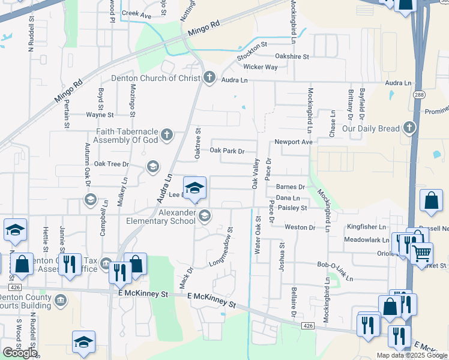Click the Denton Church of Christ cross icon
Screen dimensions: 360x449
point(209,78)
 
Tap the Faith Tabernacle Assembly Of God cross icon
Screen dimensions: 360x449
point(167,134)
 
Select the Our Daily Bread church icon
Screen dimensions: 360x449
point(409,128)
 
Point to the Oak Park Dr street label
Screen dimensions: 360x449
point(227,151)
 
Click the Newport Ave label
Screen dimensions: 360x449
point(294,142)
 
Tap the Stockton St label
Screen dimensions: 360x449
point(252,51)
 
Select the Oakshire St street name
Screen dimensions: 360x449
point(292,56)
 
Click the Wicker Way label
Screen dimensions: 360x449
point(260,67)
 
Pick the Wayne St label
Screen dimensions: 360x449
point(100,115)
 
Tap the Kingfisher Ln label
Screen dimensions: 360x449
point(366,227)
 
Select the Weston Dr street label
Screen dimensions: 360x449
point(300,227)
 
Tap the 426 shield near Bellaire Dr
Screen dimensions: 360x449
point(308,325)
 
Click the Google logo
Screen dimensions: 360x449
point(20,353)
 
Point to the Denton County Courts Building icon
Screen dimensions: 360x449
point(59,300)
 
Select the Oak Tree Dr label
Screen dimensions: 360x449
point(112,164)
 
